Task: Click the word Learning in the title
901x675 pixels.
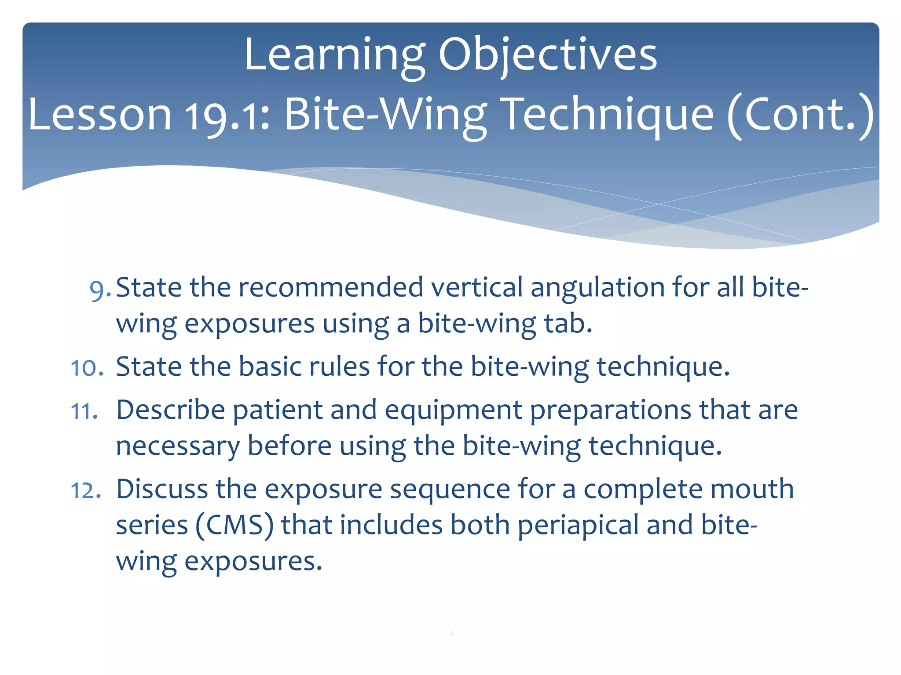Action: tap(334, 55)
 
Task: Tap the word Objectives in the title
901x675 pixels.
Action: tap(547, 55)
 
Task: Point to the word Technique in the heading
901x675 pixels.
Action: tap(607, 115)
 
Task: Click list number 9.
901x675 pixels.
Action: tap(99, 290)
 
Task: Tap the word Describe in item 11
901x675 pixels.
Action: tap(171, 410)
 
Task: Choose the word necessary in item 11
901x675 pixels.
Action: tap(178, 446)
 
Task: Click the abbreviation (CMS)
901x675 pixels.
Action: tap(234, 525)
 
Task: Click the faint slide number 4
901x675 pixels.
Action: tap(451, 634)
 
